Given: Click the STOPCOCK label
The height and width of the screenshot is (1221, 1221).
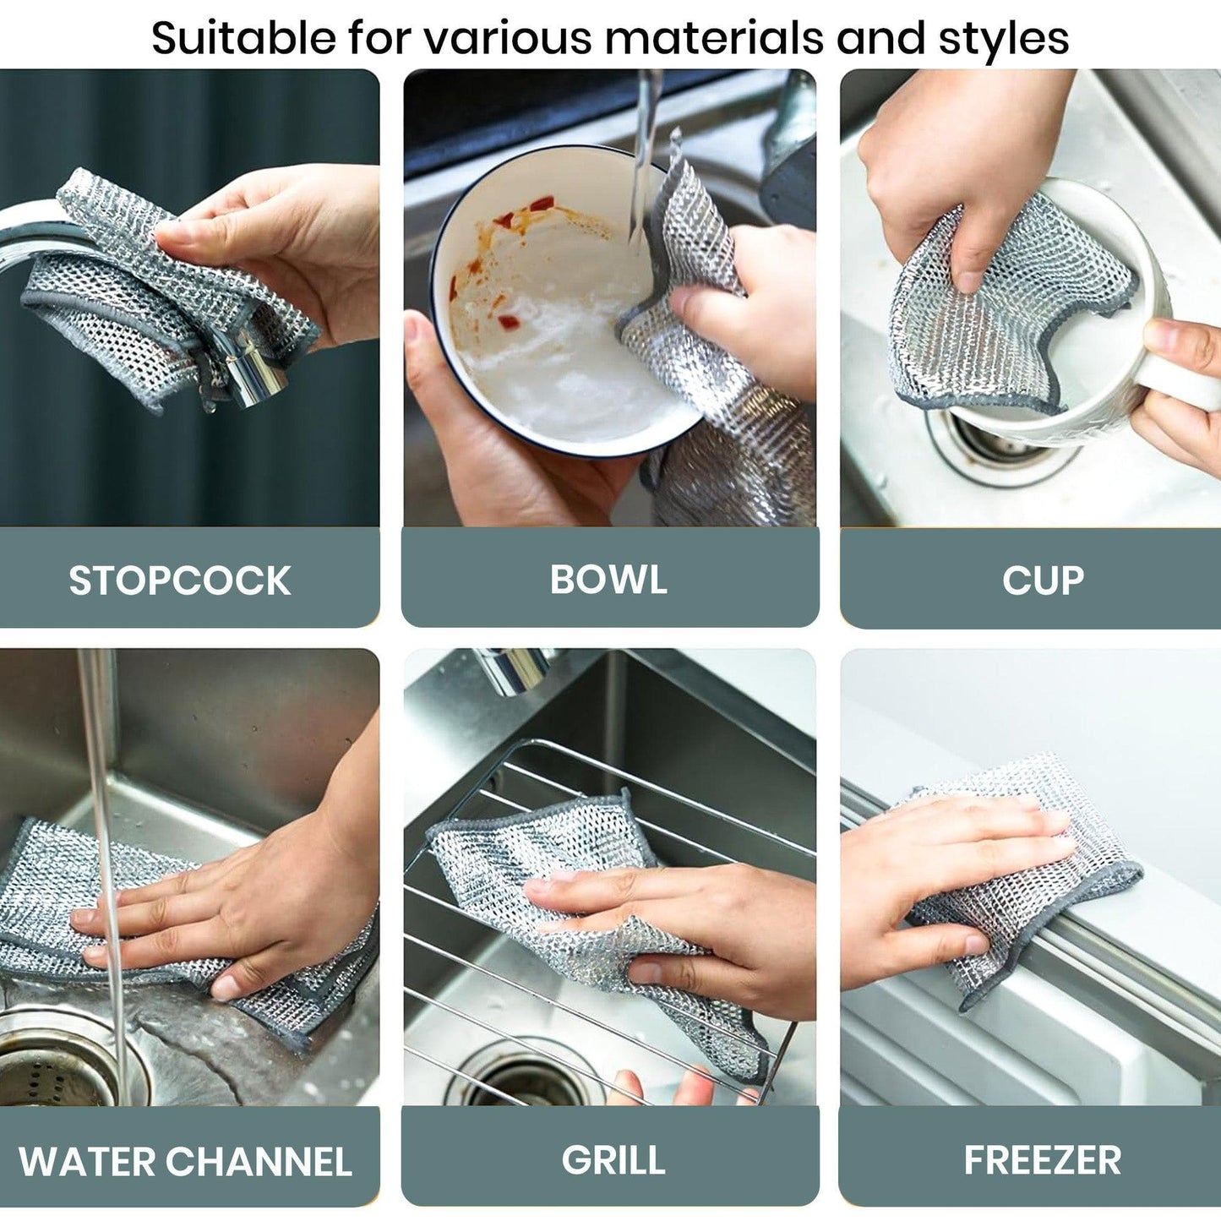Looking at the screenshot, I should click(179, 581).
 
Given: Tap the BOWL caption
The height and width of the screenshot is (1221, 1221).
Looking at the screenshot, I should click(608, 580).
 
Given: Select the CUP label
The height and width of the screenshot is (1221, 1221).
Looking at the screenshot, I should click(1043, 581).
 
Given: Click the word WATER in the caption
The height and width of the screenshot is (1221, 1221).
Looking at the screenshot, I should click(86, 1162).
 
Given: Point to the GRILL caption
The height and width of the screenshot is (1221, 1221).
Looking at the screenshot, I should click(613, 1160).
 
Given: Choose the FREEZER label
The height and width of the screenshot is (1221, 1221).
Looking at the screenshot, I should click(1043, 1160).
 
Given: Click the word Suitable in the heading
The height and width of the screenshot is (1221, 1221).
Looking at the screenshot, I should click(243, 38).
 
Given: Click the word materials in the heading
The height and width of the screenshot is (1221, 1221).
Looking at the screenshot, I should click(715, 38).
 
